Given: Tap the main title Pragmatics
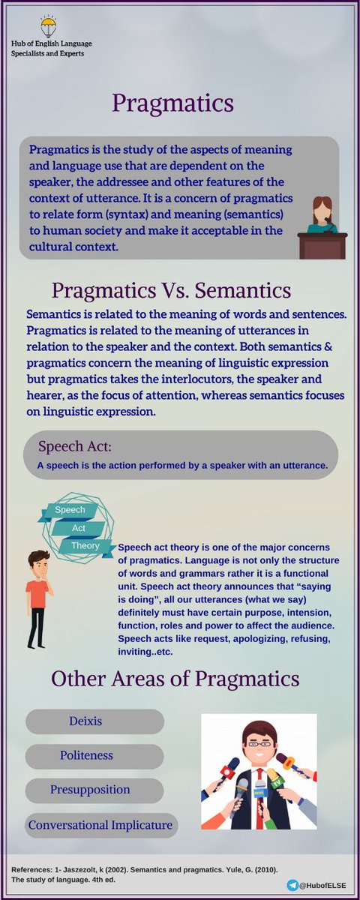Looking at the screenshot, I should tap(173, 103).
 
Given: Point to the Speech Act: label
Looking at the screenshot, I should tap(75, 447).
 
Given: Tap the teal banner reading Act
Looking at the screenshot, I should tap(78, 528).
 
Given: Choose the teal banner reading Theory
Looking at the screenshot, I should tap(85, 546).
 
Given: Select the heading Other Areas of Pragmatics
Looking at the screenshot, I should tap(175, 679).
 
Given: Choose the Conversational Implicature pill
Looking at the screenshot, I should tap(100, 826).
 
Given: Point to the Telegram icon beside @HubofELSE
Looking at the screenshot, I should tap(292, 886).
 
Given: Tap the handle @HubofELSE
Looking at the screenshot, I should tap(325, 886).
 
